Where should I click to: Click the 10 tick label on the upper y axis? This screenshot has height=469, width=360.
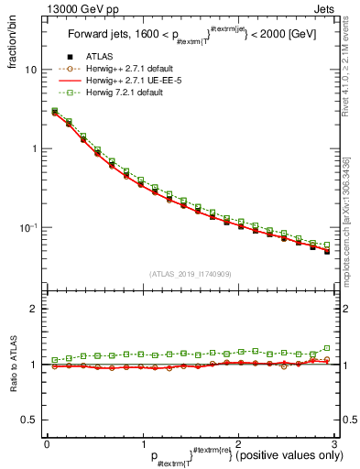pyautogui.click(x=30, y=70)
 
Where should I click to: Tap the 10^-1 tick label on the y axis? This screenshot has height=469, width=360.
pyautogui.click(x=28, y=227)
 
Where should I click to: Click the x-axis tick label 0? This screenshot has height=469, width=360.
pyautogui.click(x=47, y=443)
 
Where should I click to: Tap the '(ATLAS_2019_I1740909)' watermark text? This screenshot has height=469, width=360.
pyautogui.click(x=191, y=274)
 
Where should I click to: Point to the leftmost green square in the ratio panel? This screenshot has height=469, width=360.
pyautogui.click(x=55, y=360)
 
